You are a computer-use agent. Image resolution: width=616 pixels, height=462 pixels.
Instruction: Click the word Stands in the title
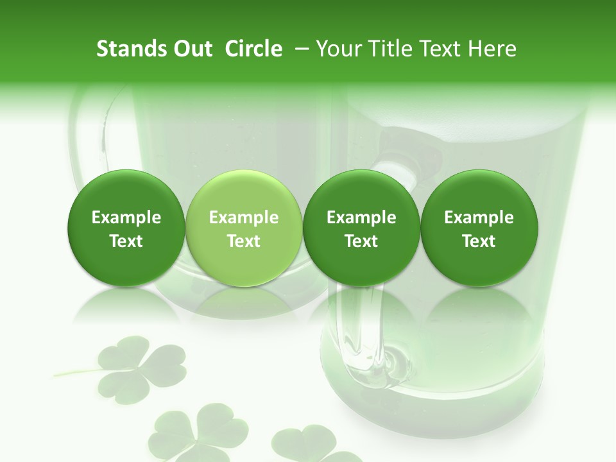132,49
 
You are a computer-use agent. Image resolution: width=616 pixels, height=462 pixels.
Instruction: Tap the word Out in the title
192,49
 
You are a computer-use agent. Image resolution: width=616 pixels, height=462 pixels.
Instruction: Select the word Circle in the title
254,49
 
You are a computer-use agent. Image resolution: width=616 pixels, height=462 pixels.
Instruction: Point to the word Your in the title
339,49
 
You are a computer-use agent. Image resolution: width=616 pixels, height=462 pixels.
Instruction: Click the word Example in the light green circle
244,218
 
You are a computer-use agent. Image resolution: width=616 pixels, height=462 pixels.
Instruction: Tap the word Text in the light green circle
244,241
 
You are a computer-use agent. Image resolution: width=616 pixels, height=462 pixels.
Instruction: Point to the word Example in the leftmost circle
126,218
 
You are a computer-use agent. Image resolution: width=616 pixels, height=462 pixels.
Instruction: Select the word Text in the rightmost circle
479,241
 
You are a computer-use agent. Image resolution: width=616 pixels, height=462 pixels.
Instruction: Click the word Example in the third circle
361,218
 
